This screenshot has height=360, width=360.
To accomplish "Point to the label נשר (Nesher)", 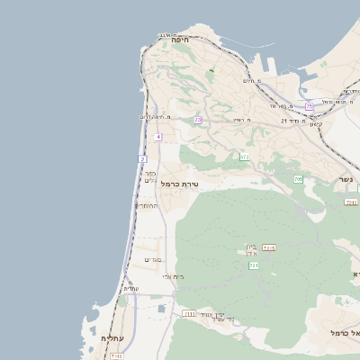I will [347, 179].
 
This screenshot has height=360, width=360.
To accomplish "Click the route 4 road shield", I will [157, 137].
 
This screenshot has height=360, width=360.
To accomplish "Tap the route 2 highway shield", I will [142, 159].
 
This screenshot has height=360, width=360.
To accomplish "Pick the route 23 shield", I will [197, 120].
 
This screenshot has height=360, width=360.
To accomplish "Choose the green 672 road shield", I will [244, 157].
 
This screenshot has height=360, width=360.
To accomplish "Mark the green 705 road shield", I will [298, 180].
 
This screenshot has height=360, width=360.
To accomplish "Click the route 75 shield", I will [309, 107].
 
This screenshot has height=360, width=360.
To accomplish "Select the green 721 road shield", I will [254, 266].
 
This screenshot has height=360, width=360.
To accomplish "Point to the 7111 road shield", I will [189, 313].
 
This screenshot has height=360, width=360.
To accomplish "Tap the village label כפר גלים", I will [151, 176].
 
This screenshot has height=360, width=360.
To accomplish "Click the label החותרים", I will [147, 206].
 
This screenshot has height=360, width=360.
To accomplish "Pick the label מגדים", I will [152, 260].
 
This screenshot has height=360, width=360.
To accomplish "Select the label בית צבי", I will [173, 276].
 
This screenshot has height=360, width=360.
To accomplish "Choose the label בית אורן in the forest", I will [251, 249].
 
